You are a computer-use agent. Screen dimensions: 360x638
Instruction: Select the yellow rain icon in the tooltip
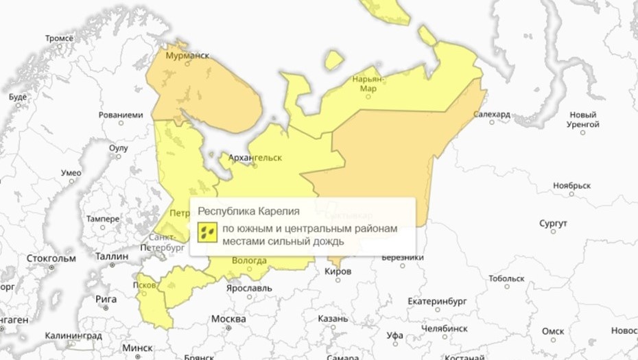pyautogui.click(x=207, y=232)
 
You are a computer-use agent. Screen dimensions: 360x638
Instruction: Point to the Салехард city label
pyautogui.click(x=492, y=114)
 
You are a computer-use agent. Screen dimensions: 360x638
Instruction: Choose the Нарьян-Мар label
pyautogui.click(x=368, y=84)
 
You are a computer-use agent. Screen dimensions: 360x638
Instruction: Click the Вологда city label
pyautogui.click(x=249, y=261)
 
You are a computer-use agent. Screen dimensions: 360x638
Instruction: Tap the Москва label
pyautogui.click(x=228, y=319)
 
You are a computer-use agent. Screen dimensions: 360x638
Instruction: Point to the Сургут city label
pyautogui.click(x=553, y=224)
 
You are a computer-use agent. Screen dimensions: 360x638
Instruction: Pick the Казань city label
pyautogui.click(x=333, y=319)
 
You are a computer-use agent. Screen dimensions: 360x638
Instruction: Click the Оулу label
pyautogui.click(x=119, y=148)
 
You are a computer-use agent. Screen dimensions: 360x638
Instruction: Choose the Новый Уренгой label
pyautogui.click(x=584, y=119)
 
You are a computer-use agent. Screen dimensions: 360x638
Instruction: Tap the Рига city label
pyautogui.click(x=107, y=299)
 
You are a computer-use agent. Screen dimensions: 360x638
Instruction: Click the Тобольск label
pyautogui.click(x=506, y=278)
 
